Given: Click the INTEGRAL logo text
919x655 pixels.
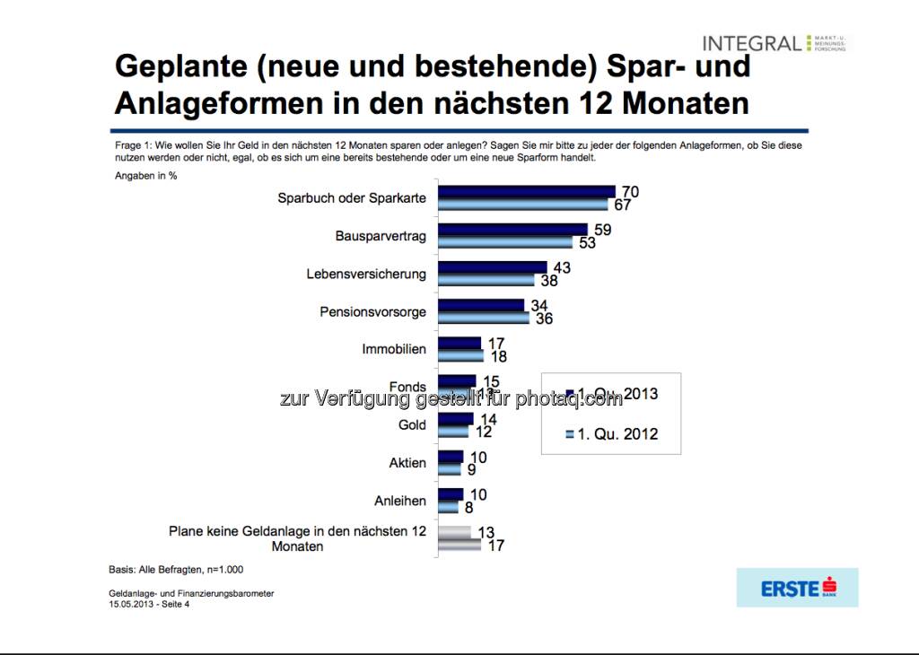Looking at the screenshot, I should coord(752,43).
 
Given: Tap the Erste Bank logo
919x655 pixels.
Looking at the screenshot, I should coord(797,588).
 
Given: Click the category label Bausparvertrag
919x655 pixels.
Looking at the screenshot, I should coord(381,236).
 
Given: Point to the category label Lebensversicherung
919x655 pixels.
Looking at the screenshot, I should coord(366,274).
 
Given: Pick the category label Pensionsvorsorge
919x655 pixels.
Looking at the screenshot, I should coord(372,311).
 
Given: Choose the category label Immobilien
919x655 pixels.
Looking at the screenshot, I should coord(394,349).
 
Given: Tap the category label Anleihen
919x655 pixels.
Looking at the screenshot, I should coord(400,501).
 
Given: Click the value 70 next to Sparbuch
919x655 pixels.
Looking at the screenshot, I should coord(630,191).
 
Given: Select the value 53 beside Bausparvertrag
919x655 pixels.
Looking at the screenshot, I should coord(588,243).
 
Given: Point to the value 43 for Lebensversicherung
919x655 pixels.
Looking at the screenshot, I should coord(562,267).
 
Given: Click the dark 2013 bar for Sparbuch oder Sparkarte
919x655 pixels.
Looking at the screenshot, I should coord(526,191).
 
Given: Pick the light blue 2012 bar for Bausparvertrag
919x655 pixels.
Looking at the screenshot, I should coord(504,242).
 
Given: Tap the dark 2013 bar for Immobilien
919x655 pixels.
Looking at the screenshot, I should coord(459,343).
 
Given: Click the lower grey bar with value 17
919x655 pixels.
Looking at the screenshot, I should coord(459,545).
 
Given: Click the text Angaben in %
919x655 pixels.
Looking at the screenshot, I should coord(145,175).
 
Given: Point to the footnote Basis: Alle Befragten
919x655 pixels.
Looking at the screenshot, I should coord(176,569).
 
